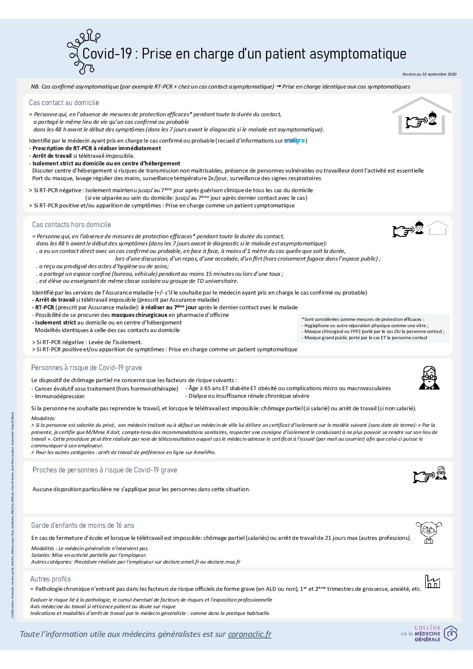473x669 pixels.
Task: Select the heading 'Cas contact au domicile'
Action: pos(64,103)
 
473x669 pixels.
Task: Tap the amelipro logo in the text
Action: pos(294,141)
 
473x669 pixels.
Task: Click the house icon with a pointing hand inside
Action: pos(422,117)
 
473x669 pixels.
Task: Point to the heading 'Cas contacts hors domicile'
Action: pos(72,225)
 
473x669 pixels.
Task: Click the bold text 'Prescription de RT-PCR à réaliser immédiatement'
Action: pos(97,148)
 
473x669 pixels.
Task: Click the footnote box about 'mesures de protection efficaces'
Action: pos(373,328)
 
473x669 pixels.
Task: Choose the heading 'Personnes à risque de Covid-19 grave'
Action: pos(86,368)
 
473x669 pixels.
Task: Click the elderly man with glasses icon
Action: pos(429,378)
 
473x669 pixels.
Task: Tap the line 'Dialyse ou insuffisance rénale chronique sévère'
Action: pos(249,396)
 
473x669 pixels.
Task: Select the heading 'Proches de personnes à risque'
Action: pos(105,470)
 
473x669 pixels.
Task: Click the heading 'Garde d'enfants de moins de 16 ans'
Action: pos(83,526)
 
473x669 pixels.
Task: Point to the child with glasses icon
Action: pos(426,532)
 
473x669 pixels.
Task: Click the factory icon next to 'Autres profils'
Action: pos(432,581)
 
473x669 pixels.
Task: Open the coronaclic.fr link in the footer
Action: pos(249,634)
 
